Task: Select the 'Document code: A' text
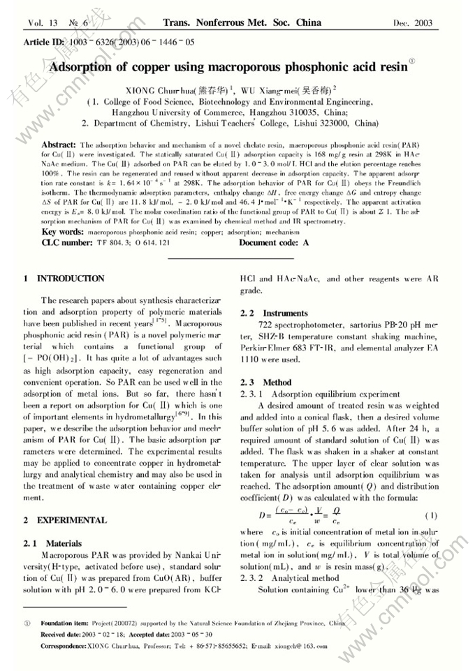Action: click(x=274, y=242)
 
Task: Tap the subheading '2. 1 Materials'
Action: click(x=53, y=543)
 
